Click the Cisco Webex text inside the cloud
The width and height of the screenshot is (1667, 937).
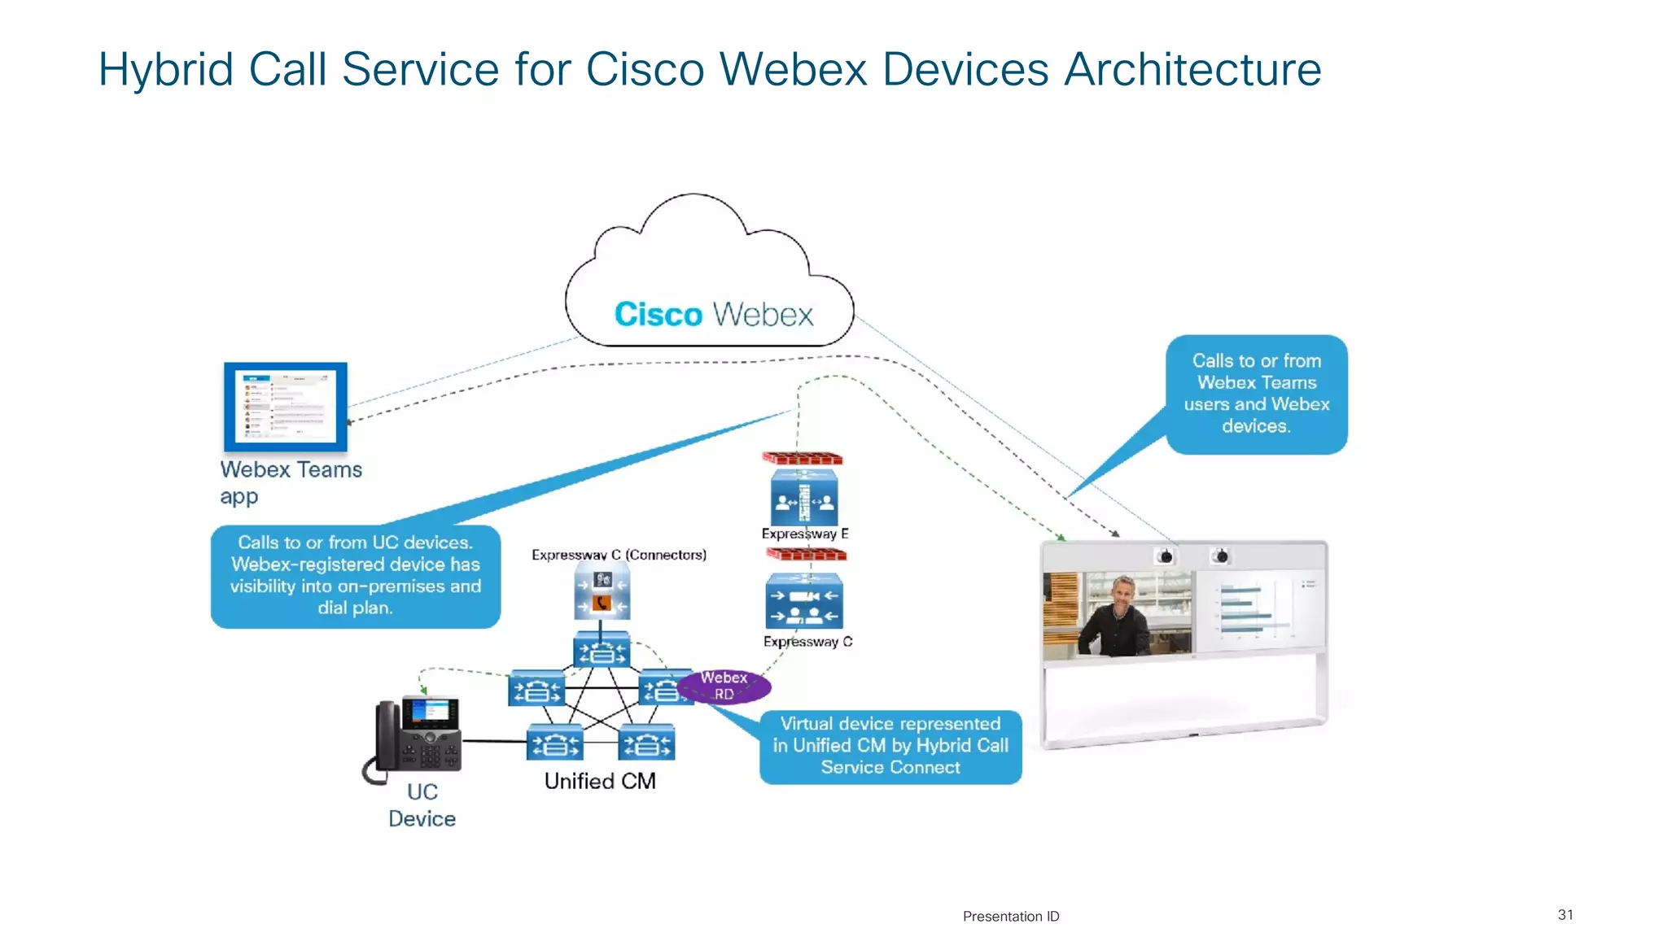(x=713, y=315)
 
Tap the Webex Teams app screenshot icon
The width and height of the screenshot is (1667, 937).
(x=286, y=407)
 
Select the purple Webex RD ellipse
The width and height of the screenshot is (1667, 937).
(x=724, y=686)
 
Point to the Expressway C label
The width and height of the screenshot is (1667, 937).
(x=807, y=642)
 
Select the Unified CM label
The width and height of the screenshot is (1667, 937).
(x=600, y=781)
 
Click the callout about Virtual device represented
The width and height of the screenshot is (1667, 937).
(x=890, y=746)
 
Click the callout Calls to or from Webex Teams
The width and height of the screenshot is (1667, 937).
(x=1256, y=394)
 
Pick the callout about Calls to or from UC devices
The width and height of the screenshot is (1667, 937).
(x=355, y=575)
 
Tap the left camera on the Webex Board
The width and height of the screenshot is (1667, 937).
(x=1166, y=556)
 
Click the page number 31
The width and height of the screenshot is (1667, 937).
(x=1564, y=914)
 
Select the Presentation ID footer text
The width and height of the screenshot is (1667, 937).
(x=1010, y=916)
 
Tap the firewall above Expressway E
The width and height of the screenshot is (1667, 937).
(x=803, y=459)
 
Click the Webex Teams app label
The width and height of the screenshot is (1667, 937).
(x=290, y=482)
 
